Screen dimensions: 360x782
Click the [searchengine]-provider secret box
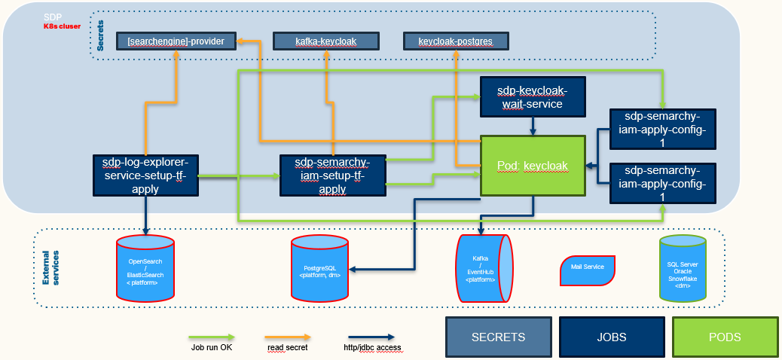click(176, 41)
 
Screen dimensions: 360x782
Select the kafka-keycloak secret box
click(325, 41)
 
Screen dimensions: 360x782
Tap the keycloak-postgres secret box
click(455, 41)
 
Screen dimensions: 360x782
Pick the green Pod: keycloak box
click(533, 165)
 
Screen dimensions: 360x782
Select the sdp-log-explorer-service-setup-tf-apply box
click(145, 175)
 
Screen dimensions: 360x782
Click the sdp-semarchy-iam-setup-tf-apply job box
click(332, 175)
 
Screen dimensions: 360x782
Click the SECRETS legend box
click(498, 337)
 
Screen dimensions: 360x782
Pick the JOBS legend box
click(611, 337)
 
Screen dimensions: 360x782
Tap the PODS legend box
click(724, 337)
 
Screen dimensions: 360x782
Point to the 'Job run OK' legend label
click(212, 347)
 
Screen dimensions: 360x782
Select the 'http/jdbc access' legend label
click(370, 347)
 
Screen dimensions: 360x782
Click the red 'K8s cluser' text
click(66, 26)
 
